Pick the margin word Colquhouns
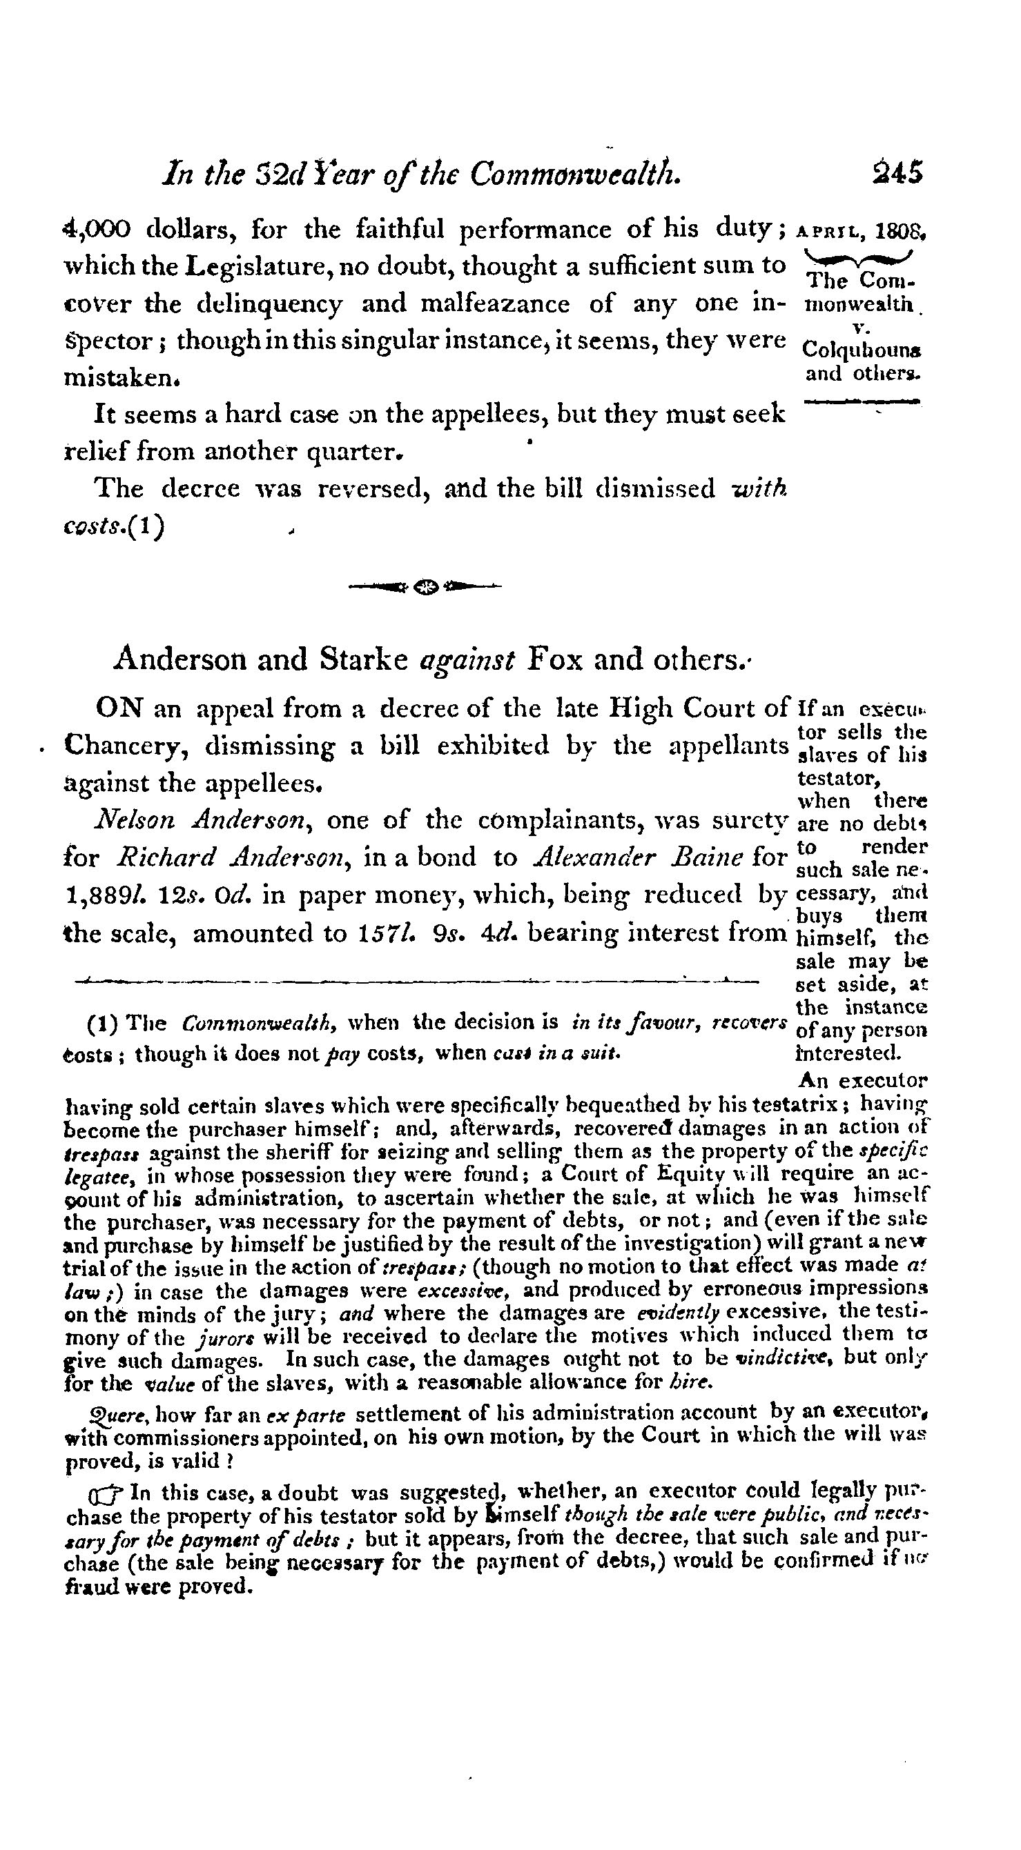tap(864, 350)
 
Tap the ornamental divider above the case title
tap(424, 587)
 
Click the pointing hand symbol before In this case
tap(108, 1494)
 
